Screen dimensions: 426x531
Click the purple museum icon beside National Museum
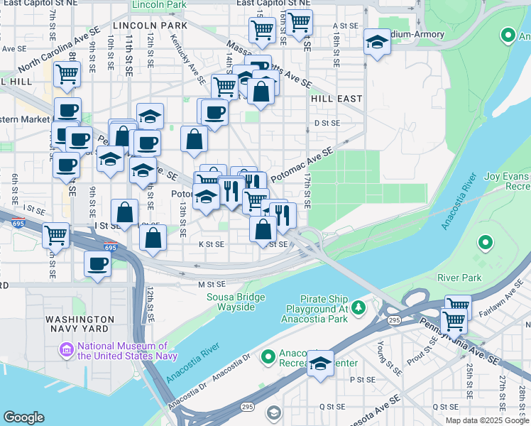(67, 349)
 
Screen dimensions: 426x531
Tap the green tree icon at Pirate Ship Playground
(359, 307)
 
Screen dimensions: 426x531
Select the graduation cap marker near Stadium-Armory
(377, 42)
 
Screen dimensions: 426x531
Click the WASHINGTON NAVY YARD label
(80, 326)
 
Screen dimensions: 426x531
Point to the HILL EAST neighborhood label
(336, 99)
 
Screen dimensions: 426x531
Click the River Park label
(459, 277)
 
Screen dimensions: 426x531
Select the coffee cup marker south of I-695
(97, 264)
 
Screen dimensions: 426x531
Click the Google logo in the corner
(23, 417)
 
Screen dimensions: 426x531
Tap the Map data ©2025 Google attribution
(486, 420)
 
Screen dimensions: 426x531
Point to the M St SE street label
(212, 285)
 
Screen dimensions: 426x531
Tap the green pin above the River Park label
(486, 244)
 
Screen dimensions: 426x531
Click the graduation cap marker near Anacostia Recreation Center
(321, 364)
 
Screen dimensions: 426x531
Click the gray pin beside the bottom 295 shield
(273, 413)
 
